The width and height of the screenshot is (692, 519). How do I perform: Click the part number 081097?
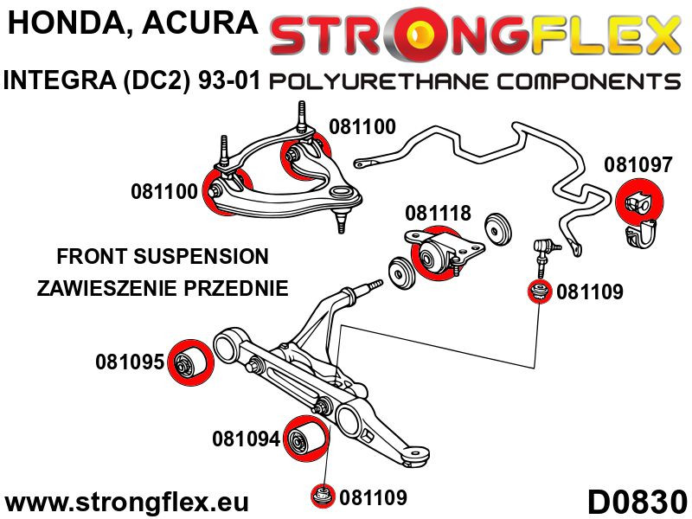click(x=638, y=164)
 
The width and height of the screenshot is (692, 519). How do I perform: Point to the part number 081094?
click(x=246, y=439)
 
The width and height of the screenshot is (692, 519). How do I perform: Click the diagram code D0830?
click(x=637, y=501)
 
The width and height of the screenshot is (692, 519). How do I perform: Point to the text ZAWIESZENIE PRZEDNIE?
click(x=163, y=288)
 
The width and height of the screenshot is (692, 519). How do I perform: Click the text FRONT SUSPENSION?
click(x=163, y=257)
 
